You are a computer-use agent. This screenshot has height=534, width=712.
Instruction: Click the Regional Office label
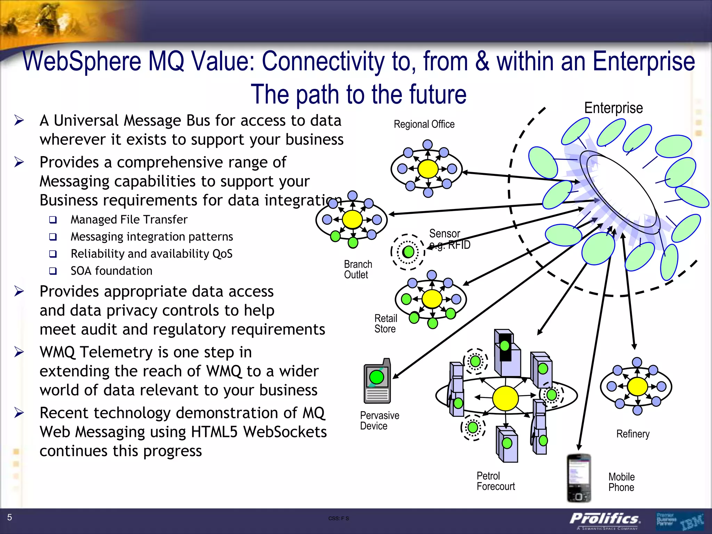424,124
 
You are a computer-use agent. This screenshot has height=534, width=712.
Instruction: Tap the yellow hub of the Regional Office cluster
428,169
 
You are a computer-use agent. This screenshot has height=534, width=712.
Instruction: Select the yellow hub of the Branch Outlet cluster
352,219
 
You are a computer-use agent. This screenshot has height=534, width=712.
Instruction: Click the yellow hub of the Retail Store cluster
432,299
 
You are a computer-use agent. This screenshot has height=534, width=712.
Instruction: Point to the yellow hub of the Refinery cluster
637,386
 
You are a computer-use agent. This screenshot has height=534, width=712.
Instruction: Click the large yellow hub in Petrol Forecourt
505,398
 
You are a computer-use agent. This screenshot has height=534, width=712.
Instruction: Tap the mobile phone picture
579,478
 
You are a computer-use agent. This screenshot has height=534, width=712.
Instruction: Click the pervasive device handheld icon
377,381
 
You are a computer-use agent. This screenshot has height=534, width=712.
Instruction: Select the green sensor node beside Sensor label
408,252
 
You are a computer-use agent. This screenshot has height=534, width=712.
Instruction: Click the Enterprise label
613,108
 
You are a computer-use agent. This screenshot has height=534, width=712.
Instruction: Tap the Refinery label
633,434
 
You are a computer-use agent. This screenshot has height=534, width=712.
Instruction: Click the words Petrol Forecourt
495,481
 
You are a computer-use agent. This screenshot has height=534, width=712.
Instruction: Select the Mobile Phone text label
621,482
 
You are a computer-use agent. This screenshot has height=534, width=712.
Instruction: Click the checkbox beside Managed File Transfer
53,220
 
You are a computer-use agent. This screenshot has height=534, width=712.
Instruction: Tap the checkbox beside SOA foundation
53,271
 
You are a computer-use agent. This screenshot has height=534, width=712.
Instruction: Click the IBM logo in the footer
692,522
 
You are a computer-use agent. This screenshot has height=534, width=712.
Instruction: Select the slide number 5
10,517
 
